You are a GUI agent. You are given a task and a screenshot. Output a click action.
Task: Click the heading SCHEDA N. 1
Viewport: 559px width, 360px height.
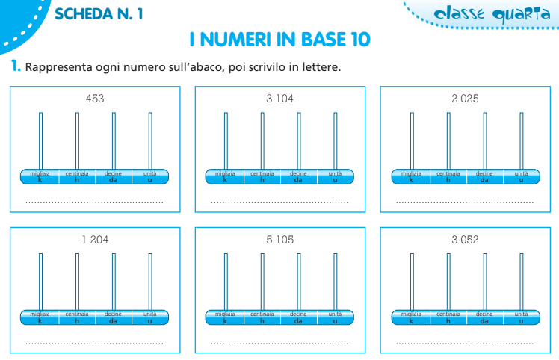[99, 14]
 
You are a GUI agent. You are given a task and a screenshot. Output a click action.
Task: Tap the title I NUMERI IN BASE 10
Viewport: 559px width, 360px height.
[279, 39]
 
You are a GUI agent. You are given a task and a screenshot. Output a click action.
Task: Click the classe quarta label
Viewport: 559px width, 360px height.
[492, 14]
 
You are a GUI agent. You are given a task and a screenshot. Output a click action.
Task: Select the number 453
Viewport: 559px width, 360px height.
[95, 99]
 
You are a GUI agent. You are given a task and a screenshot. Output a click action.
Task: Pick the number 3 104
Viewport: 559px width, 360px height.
[279, 99]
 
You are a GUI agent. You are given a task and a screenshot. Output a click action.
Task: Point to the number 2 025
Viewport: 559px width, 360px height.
[465, 99]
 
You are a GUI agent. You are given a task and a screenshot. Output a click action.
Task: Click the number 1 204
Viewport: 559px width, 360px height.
[95, 240]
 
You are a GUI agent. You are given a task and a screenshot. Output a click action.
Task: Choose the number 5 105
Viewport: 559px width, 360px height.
[279, 240]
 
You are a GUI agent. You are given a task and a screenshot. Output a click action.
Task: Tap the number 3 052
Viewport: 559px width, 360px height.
[465, 240]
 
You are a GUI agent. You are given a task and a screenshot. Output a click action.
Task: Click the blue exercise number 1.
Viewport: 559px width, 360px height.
[16, 66]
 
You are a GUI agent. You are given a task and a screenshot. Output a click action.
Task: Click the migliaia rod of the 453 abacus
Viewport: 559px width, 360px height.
[40, 141]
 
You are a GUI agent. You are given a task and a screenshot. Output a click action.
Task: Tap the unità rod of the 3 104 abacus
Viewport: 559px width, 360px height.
[335, 141]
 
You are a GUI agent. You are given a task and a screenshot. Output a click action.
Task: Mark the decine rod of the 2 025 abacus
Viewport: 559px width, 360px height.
[485, 141]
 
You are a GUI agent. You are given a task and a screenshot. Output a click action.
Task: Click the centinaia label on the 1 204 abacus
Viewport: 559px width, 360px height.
[77, 314]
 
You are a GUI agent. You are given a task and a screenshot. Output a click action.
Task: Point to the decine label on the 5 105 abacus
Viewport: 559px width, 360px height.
[298, 314]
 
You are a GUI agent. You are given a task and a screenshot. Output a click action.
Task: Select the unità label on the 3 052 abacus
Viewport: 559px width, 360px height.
[521, 314]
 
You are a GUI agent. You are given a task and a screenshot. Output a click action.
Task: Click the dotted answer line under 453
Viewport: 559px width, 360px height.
[94, 202]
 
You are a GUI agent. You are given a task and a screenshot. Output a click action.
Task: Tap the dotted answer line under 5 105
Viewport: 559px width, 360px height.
[279, 344]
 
